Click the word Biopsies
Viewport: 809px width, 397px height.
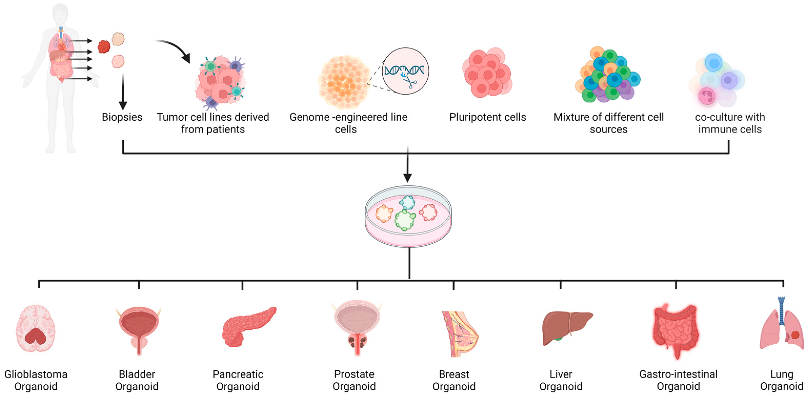(x=122, y=117)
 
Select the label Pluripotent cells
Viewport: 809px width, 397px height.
(x=487, y=117)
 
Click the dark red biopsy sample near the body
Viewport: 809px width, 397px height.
(x=104, y=46)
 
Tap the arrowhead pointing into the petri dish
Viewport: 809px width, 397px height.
(x=407, y=178)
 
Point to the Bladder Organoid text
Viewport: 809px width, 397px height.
(x=137, y=380)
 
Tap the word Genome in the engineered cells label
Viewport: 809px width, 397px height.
(x=309, y=117)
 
